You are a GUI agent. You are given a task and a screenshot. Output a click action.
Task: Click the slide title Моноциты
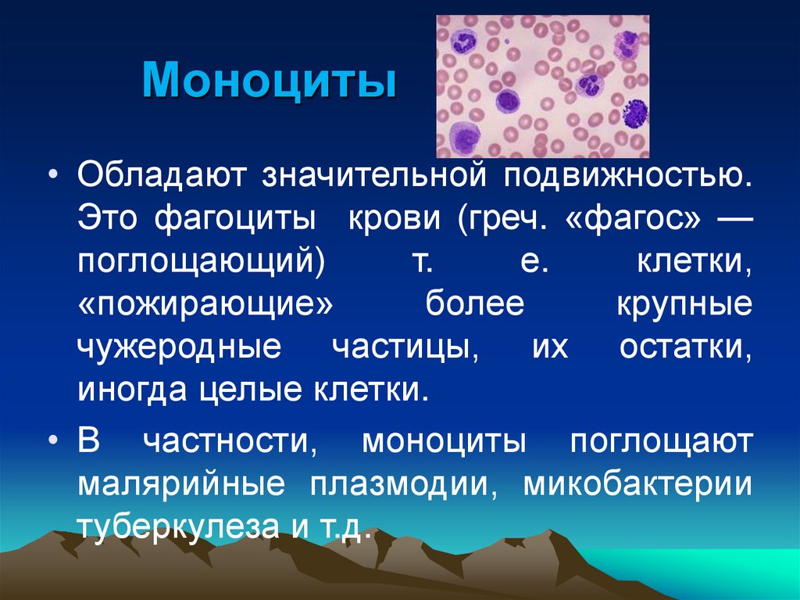coord(268,84)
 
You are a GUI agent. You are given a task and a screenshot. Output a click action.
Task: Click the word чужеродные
coord(178,348)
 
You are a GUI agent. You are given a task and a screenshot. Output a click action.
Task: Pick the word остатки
coord(686,348)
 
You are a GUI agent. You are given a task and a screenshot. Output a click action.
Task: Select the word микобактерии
coord(637,485)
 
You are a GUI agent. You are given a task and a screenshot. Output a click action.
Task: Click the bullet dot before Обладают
coord(54,174)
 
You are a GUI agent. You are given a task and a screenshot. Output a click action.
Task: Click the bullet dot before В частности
coord(54,442)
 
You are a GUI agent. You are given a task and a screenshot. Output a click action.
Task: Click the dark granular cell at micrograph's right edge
coord(636,113)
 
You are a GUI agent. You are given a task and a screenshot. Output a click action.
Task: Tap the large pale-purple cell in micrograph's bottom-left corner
coord(463,139)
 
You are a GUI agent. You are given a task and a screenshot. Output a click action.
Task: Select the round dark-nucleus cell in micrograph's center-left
coord(506,100)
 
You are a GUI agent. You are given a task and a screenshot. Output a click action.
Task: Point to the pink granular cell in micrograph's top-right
coord(627,45)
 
